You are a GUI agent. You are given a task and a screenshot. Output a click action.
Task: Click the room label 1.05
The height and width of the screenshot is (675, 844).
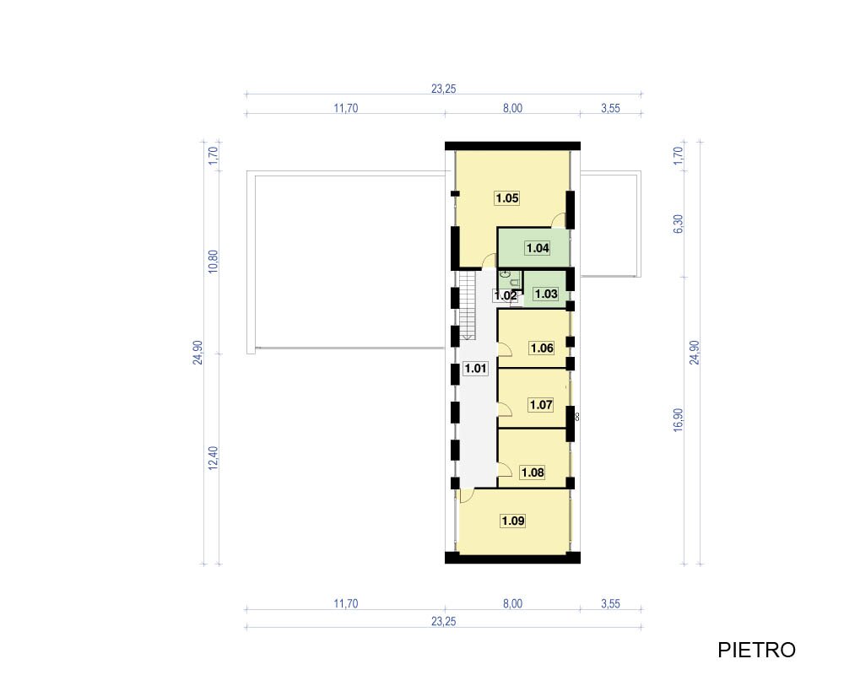(x=507, y=198)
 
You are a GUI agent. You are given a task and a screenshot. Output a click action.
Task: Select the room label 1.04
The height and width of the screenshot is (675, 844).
(x=537, y=248)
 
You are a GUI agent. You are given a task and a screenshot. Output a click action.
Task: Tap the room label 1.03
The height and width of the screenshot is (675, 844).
(x=545, y=294)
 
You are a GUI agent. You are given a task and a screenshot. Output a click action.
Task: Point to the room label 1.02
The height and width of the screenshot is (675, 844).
(x=506, y=295)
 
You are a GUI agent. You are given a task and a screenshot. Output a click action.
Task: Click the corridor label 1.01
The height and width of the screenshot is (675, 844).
(x=476, y=369)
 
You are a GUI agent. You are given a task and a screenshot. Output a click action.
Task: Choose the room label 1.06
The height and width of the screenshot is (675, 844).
(x=542, y=348)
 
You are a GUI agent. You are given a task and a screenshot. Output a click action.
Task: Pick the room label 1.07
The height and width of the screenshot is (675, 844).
(x=541, y=405)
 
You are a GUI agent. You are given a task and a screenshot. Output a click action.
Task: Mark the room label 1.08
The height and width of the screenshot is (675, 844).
(x=533, y=472)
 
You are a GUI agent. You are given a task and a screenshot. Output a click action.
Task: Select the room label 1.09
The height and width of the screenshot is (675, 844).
(x=513, y=521)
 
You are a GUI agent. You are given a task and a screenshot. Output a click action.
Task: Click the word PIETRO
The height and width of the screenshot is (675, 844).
(x=756, y=651)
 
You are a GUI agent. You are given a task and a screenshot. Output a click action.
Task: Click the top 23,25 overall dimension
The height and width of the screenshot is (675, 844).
(x=444, y=89)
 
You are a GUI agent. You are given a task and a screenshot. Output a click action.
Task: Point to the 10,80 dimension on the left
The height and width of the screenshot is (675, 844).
(x=214, y=262)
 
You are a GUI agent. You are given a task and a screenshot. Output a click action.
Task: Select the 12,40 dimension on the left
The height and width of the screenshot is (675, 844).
(x=214, y=459)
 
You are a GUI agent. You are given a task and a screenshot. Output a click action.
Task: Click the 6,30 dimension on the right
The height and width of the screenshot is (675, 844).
(x=679, y=224)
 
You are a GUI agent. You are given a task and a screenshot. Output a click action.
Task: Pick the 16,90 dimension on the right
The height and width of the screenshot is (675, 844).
(x=679, y=420)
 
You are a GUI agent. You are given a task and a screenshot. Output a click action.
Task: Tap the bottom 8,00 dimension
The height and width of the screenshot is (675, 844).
(x=512, y=604)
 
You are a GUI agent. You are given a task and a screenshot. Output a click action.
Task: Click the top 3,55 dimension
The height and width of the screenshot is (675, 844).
(x=610, y=108)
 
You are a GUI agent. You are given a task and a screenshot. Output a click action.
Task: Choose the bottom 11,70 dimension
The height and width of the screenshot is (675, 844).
(x=345, y=604)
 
